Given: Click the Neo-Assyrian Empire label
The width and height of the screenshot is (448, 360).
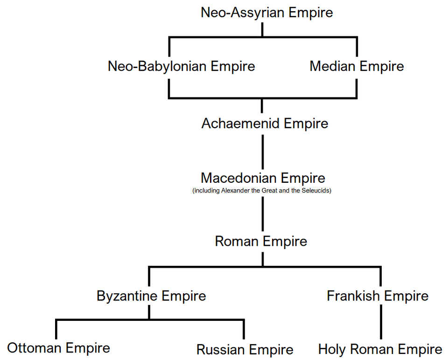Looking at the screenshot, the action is tap(267, 13).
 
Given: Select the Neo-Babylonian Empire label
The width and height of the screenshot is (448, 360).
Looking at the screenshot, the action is tap(182, 67).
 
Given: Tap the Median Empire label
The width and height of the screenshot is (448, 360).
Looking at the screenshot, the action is tap(357, 66).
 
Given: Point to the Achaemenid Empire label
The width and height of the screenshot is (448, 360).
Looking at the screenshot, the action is tap(265, 124).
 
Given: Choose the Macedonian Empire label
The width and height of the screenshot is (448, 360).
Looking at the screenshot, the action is tap(263, 178).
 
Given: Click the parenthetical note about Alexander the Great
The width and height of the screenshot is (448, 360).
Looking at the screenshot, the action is tap(262, 190).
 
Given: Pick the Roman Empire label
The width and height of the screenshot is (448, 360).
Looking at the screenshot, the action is tap(261, 242).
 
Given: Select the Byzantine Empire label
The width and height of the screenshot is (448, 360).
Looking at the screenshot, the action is tap(151, 296).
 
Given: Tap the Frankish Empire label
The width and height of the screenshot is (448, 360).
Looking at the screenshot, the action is tap(378, 296).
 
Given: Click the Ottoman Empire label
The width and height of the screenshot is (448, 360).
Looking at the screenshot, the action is tap(59, 348).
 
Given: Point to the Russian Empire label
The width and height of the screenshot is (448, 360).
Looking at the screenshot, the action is tap(245, 350).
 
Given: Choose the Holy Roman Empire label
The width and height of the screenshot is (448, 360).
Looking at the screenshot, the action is tap(380, 349).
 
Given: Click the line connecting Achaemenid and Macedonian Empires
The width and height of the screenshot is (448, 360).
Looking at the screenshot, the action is tap(263, 152).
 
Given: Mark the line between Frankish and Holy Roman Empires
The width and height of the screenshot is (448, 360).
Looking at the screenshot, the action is tap(381, 322).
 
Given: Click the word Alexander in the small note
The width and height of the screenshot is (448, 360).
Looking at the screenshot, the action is tap(235, 190).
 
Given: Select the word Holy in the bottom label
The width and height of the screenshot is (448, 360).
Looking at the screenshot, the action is tap(333, 350).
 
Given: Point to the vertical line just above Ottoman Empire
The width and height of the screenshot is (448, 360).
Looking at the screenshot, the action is tap(56, 329).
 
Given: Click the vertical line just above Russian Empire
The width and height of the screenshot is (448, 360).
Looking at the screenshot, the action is tap(244, 329).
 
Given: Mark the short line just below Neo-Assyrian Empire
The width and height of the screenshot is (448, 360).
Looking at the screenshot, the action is tap(262, 30).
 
